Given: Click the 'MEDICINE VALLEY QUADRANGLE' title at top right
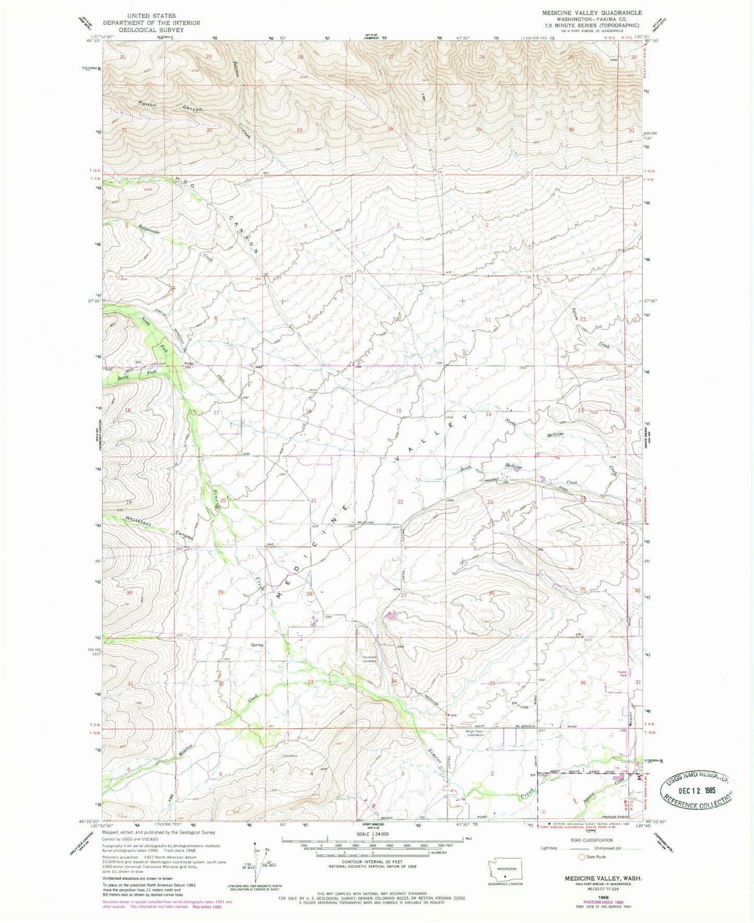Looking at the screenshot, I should point(592,13).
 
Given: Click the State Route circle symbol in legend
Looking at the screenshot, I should point(581,857).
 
